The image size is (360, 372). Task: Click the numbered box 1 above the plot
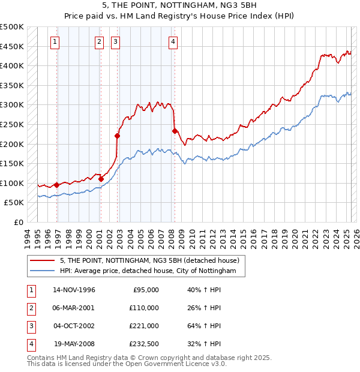tap(55, 42)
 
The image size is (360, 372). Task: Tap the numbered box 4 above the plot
tap(173, 42)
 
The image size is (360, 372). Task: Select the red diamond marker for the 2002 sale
tap(117, 136)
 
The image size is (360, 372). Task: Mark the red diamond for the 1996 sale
tap(56, 185)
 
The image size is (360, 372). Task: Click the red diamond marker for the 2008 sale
tap(175, 131)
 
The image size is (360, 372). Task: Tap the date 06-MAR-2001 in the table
tap(74, 308)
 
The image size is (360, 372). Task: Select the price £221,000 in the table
tap(145, 326)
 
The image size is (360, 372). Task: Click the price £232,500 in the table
tap(145, 344)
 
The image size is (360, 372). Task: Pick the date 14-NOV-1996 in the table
tap(74, 290)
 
